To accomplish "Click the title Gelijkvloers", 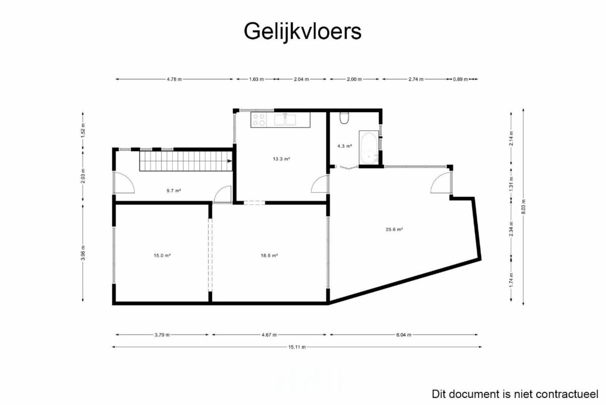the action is point(302,32).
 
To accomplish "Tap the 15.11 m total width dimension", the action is point(297,347).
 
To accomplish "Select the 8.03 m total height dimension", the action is point(523,207).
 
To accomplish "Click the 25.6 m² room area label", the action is point(394,230).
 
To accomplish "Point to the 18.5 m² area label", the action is point(269,255).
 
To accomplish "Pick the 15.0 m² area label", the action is point(162,255).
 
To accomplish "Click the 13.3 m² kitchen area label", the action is point(281,159).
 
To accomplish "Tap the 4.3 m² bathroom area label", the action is point(344,146).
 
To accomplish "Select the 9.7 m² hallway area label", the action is point(174,191).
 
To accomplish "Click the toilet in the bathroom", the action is point(344,118).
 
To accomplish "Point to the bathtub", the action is point(369,147).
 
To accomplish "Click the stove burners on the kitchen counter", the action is point(259,120).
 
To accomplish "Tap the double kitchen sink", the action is point(285,120).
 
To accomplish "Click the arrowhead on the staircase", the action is point(230,161).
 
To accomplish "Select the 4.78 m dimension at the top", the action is point(174,79).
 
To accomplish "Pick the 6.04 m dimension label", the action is point(403,335).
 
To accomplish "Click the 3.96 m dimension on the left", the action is point(83,253).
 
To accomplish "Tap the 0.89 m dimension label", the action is point(461,79).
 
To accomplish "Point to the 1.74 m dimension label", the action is point(511,280).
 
